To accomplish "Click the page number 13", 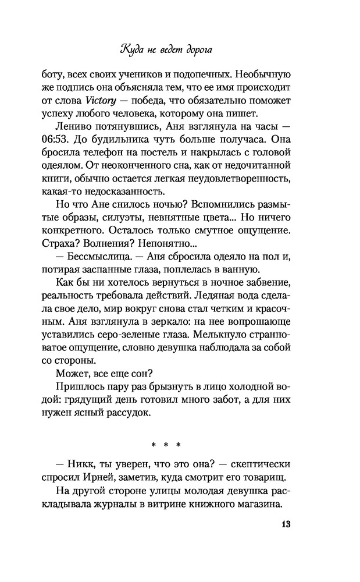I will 285,523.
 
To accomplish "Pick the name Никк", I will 83,466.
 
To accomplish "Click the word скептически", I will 256,466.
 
